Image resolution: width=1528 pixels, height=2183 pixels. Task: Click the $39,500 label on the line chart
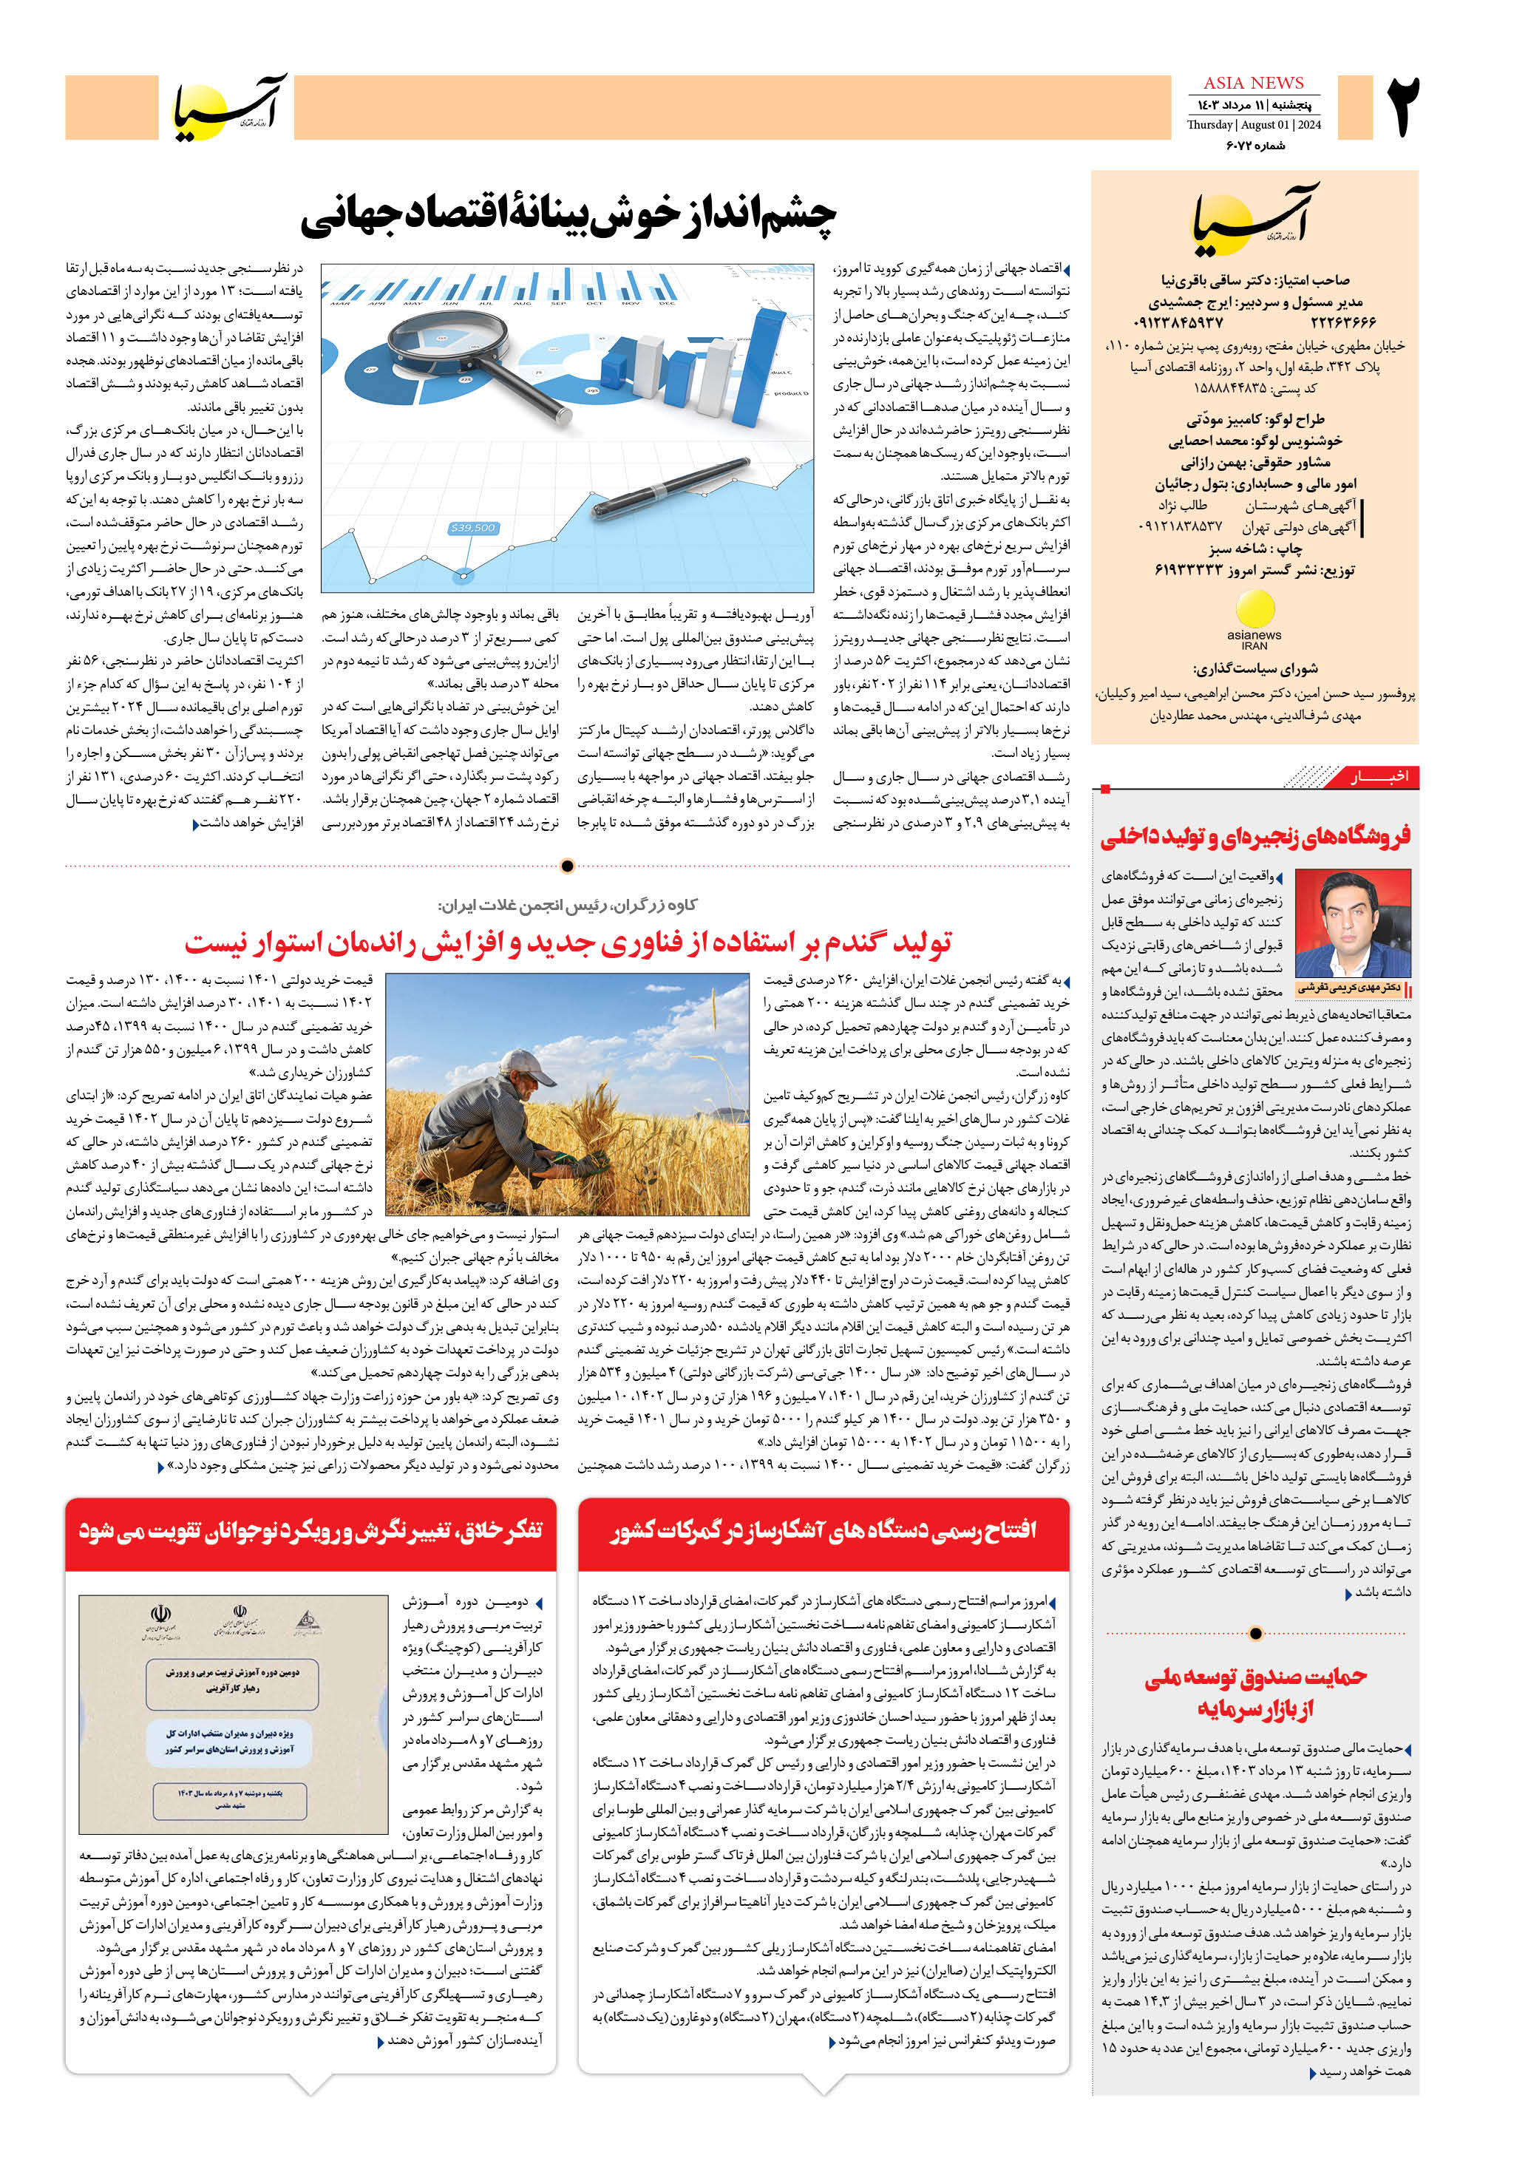point(472,528)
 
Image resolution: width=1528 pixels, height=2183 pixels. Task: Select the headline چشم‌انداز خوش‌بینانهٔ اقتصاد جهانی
point(568,217)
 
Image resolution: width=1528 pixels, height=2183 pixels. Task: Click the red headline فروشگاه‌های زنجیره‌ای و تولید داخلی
point(1255,837)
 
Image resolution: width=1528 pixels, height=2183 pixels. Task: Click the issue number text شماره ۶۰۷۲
point(1254,146)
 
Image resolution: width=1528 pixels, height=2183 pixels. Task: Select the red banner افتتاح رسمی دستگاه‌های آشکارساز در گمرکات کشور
point(823,1530)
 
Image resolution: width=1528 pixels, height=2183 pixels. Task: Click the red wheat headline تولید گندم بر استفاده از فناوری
point(568,943)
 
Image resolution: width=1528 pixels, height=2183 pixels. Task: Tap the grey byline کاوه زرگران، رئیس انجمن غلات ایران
point(568,904)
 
